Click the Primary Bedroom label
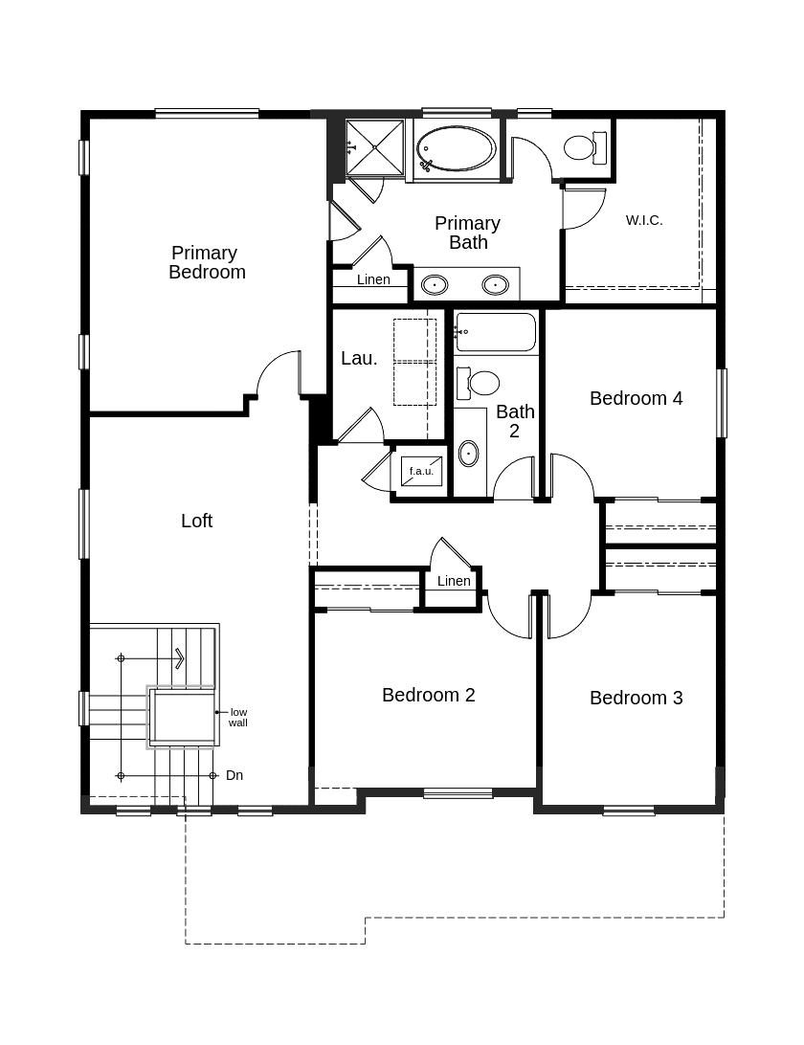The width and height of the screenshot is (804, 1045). pos(207,262)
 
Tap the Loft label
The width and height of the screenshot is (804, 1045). pos(196,521)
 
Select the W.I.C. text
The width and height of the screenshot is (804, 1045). pos(644,221)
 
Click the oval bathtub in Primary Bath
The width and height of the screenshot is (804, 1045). pos(456,149)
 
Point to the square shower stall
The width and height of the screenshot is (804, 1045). pos(374,147)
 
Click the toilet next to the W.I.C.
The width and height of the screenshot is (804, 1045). pos(585,147)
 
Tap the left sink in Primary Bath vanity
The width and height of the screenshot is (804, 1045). pos(435,285)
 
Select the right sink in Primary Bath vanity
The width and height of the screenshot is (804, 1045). pos(496,284)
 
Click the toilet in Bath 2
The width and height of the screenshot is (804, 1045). pos(478,383)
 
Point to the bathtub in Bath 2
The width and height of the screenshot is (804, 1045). pos(496,332)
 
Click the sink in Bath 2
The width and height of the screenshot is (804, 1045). pos(469,454)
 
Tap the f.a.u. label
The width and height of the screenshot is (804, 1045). pos(421,471)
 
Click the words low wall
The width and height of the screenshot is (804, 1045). pos(238,717)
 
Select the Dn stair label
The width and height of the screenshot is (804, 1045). pos(234,775)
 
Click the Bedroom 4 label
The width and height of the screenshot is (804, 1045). pos(636,398)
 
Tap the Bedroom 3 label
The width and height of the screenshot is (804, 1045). pos(636,698)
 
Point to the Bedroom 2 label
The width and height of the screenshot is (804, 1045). pos(428,695)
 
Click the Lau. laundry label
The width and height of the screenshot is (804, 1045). pos(359,359)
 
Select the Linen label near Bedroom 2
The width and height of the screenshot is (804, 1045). pos(454,581)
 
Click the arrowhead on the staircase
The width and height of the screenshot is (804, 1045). pos(180,658)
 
